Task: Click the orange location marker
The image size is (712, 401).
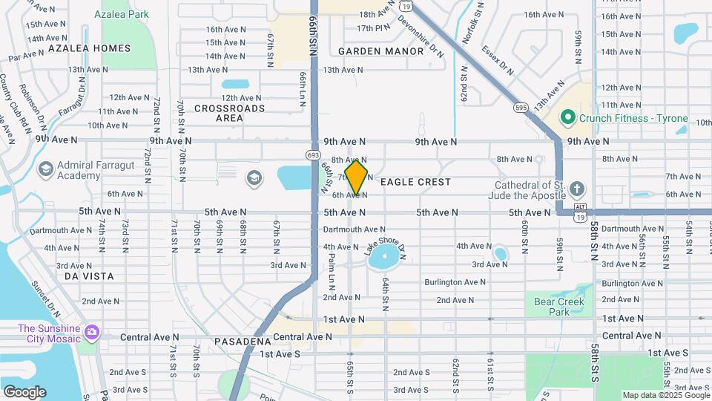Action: (x=357, y=177)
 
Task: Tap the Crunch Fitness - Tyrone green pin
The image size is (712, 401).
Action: (x=568, y=117)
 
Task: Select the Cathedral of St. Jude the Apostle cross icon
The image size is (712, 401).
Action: (x=578, y=188)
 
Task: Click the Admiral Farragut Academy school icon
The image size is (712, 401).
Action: (x=45, y=170)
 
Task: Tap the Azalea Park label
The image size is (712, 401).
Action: (x=125, y=14)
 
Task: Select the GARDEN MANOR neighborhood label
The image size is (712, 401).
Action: (x=380, y=51)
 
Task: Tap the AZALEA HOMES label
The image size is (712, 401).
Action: (x=89, y=48)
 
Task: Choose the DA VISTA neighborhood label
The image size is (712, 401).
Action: (x=89, y=276)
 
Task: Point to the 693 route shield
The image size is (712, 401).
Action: (x=312, y=154)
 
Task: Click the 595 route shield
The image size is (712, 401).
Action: (x=522, y=108)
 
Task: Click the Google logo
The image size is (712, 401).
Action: (x=24, y=391)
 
